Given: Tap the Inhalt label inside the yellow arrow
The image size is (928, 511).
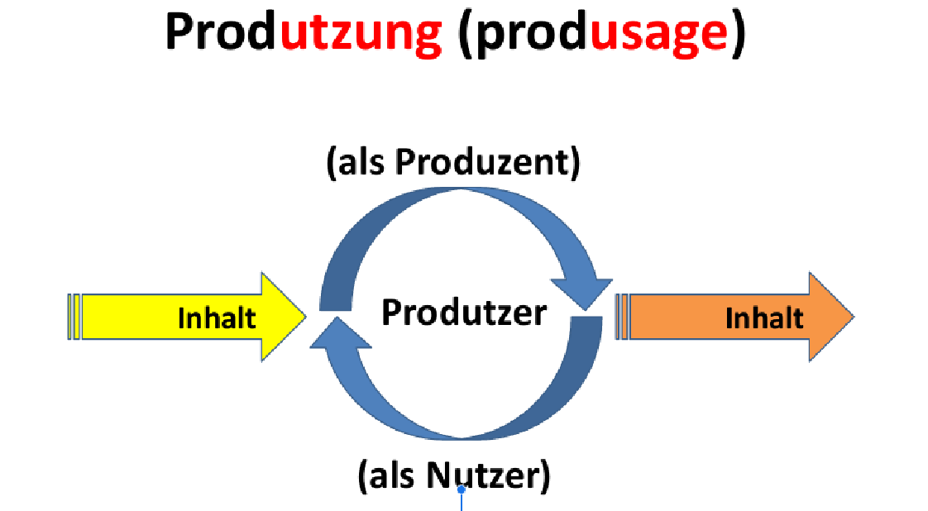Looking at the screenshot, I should point(217,318).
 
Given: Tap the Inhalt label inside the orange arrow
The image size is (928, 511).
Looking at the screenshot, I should point(764,318).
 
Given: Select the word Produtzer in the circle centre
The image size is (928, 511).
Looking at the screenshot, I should point(464,313).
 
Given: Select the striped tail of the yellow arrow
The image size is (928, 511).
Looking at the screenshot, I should point(74,317).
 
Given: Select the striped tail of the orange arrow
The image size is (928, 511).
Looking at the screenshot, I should point(622,317).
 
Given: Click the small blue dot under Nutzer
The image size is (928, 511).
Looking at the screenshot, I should point(462,490).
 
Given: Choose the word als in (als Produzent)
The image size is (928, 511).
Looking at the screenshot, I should point(362,163).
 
